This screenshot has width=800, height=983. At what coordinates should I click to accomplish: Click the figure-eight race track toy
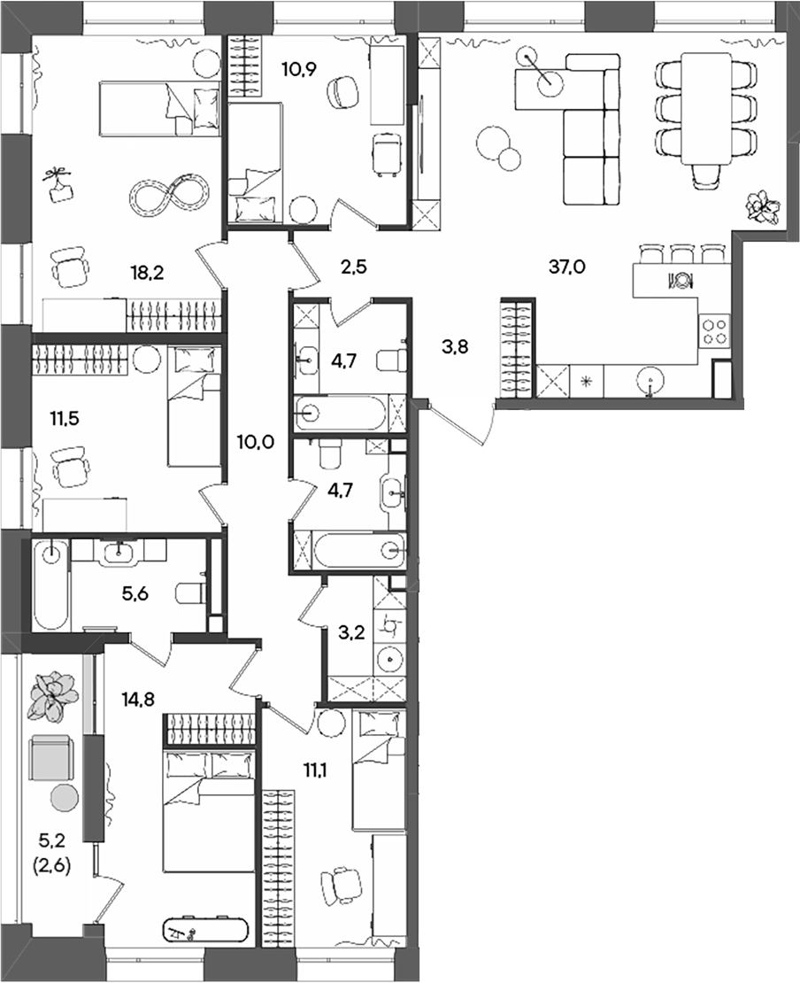click(x=171, y=195)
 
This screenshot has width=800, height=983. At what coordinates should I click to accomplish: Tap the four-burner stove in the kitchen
click(x=714, y=332)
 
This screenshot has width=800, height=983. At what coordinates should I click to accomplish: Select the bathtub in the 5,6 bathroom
click(x=51, y=584)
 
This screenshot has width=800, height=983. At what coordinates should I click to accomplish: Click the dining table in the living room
click(x=705, y=106)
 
